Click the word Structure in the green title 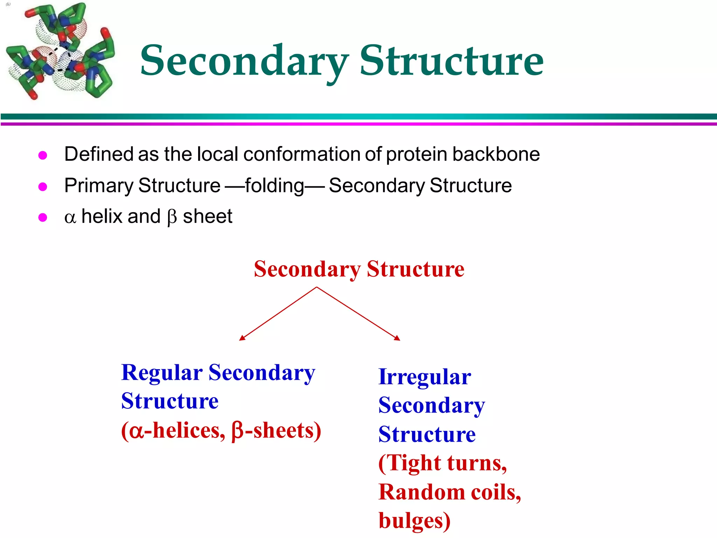[x=451, y=61]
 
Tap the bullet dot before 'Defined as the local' [x=43, y=155]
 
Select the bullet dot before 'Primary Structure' [x=43, y=186]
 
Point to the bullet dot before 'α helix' [x=43, y=218]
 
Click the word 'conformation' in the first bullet [x=302, y=154]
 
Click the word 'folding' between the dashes [x=274, y=186]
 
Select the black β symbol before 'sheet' [x=172, y=217]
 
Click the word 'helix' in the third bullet [x=101, y=216]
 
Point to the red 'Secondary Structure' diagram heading [x=359, y=269]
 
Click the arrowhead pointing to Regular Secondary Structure [x=242, y=338]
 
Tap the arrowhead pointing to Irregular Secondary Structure [x=397, y=338]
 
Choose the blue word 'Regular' [x=162, y=372]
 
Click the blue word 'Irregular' [x=424, y=377]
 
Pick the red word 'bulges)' [x=414, y=521]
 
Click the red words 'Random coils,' [x=450, y=492]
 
